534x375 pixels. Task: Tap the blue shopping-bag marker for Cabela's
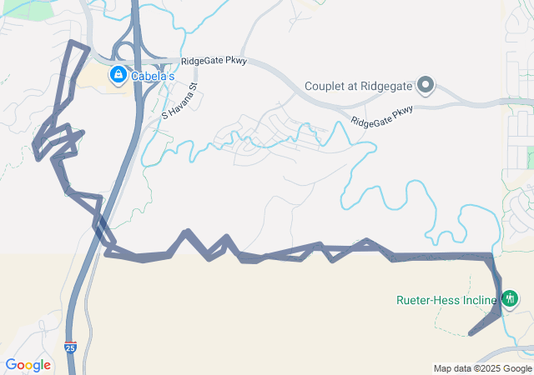118,76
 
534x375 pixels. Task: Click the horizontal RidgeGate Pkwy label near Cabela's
213,62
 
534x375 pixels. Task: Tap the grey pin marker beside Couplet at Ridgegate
425,86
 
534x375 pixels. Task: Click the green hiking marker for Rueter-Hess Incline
509,297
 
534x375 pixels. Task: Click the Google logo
28,364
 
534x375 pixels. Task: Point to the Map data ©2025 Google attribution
482,368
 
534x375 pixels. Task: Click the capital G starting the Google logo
11,364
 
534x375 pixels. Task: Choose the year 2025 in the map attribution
491,368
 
